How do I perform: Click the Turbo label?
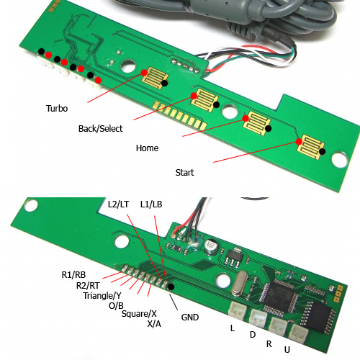click(x=57, y=109)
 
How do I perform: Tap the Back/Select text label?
click(x=100, y=129)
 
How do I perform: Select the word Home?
click(x=147, y=148)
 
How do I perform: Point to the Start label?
click(x=184, y=173)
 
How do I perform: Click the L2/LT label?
click(x=118, y=204)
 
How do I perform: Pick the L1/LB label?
click(x=151, y=204)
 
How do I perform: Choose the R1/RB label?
click(x=73, y=275)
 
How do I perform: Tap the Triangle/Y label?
click(x=102, y=296)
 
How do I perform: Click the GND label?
click(x=190, y=318)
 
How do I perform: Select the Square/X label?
click(x=139, y=314)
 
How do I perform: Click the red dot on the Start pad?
click(x=299, y=142)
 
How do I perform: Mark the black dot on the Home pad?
click(x=269, y=128)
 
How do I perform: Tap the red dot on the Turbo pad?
click(x=144, y=73)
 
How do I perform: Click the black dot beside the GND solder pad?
click(x=171, y=287)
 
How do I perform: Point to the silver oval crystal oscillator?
click(x=240, y=282)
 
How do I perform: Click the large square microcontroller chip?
click(x=280, y=297)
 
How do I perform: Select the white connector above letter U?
click(x=299, y=333)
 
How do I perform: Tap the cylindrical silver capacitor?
click(x=211, y=247)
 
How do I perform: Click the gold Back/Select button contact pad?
click(x=204, y=100)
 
